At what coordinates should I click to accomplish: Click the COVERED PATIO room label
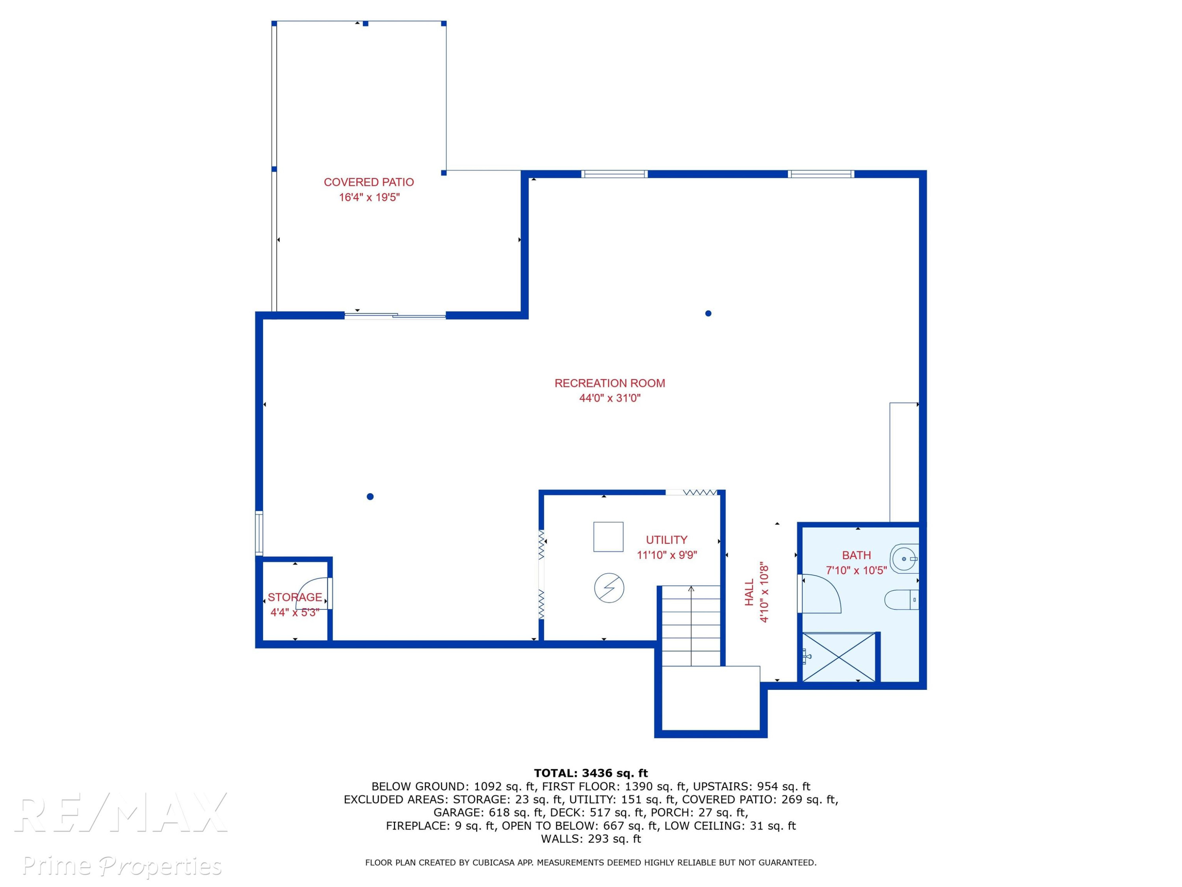(x=369, y=182)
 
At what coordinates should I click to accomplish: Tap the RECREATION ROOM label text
(x=610, y=383)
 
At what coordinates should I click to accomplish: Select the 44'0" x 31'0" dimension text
(x=610, y=398)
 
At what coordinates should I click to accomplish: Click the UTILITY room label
(x=666, y=540)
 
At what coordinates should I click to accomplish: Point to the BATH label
(x=857, y=555)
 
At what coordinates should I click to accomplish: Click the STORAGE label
(x=295, y=597)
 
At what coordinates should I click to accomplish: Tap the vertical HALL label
(x=749, y=593)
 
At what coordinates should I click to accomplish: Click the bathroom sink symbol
(x=904, y=559)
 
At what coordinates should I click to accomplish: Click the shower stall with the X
(x=839, y=657)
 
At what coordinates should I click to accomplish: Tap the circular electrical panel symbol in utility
(x=609, y=588)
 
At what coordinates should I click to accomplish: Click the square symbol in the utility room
(x=608, y=537)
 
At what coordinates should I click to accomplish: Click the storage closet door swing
(x=313, y=593)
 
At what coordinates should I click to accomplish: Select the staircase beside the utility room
(x=691, y=626)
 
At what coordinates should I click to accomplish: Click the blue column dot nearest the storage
(x=370, y=497)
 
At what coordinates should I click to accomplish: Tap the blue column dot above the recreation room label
(x=708, y=313)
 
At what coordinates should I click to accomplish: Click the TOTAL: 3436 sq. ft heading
(x=591, y=773)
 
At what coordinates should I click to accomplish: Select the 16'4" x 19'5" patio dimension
(x=369, y=197)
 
